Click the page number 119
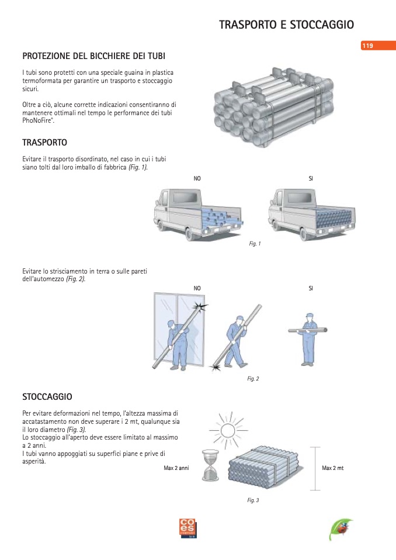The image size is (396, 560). click(367, 46)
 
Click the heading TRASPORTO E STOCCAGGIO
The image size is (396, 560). click(286, 25)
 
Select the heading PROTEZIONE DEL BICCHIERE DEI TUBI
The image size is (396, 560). click(93, 56)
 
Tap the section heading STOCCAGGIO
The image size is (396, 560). click(47, 397)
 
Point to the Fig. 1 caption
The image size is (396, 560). click(255, 244)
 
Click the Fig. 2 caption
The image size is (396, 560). click(253, 379)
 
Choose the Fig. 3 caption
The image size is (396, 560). click(253, 500)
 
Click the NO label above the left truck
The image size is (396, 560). click(197, 178)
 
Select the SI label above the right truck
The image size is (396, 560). click(311, 178)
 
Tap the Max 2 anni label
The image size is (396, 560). click(176, 468)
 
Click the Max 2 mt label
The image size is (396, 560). click(333, 468)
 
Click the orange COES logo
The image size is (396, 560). click(188, 528)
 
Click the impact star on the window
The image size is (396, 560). click(200, 307)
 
